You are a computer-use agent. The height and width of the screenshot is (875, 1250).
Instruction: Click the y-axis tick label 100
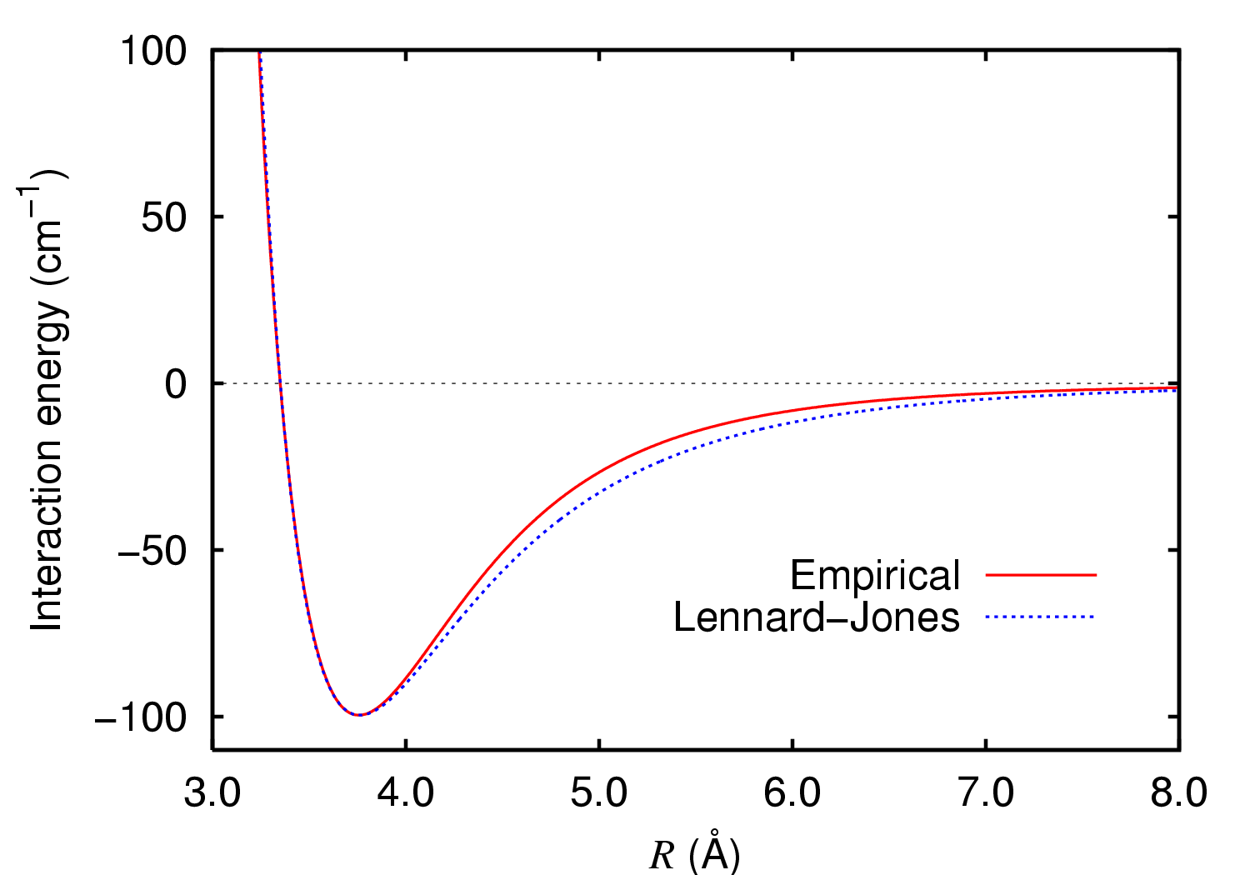(x=153, y=51)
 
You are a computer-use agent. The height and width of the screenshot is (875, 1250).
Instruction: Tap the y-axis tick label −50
(x=153, y=550)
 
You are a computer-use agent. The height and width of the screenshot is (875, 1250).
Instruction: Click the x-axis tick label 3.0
(x=212, y=792)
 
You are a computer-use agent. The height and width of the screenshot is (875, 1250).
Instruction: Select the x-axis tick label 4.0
(x=405, y=792)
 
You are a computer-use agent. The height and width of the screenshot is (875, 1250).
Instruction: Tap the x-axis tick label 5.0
(x=598, y=792)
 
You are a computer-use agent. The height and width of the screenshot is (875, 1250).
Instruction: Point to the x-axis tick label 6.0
(x=792, y=792)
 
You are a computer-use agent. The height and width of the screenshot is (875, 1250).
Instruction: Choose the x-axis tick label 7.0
(x=985, y=792)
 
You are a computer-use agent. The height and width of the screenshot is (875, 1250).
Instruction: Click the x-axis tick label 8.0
(x=1178, y=792)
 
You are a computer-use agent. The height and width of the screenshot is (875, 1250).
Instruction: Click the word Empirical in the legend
(x=875, y=575)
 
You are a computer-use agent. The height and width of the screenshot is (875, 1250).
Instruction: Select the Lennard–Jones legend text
(x=817, y=617)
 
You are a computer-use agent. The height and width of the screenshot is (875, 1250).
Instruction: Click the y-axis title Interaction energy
(x=47, y=400)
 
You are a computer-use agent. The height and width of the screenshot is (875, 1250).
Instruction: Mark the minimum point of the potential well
(x=359, y=715)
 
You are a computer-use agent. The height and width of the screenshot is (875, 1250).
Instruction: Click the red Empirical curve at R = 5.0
(x=599, y=472)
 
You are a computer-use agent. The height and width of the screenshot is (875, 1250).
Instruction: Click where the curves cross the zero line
(x=281, y=383)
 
